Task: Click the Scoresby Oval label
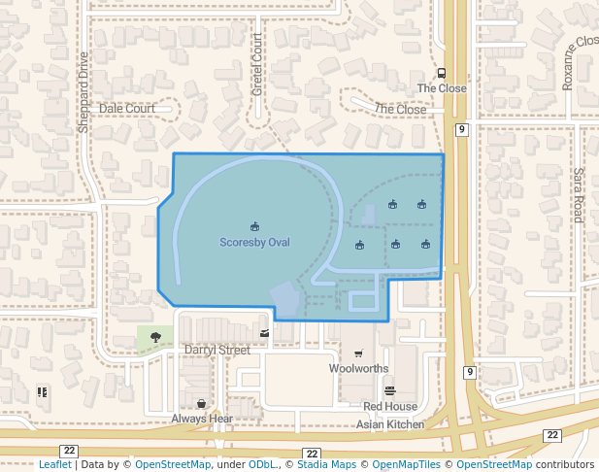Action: coord(254,242)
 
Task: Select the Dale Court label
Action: coord(127,108)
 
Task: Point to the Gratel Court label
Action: coord(257,64)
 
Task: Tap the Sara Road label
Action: coord(577,195)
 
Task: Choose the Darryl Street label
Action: coord(217,350)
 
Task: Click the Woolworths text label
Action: coord(358,369)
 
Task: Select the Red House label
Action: coord(390,407)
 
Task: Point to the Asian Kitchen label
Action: coord(390,424)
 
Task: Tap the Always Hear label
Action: coord(202,419)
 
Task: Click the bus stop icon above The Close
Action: coord(442,73)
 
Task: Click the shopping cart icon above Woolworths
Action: coord(358,354)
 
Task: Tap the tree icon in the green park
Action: coord(155,337)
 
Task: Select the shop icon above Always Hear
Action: coord(202,403)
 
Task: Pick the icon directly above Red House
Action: coord(390,391)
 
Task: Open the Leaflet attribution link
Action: coord(55,464)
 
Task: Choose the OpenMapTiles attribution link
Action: coord(409,464)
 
